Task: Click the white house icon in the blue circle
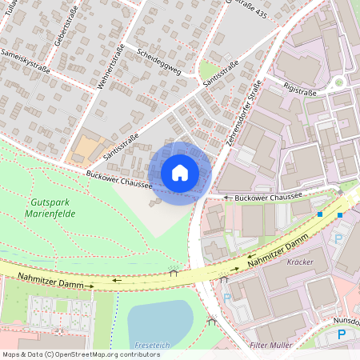[180, 173]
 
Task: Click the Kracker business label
[299, 262]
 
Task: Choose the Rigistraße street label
[300, 92]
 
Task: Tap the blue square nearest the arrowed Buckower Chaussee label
[319, 214]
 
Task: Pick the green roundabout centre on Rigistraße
[339, 82]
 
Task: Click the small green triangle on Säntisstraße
[210, 70]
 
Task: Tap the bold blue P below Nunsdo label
[342, 334]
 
